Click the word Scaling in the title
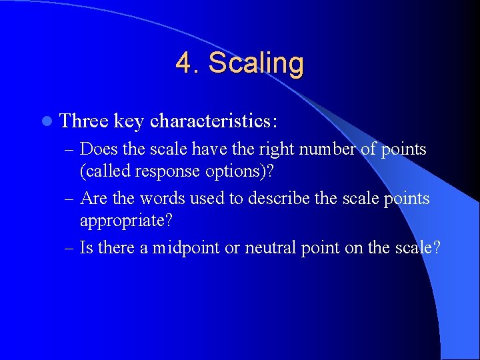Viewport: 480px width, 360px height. (256, 63)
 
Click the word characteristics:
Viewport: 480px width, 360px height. (214, 121)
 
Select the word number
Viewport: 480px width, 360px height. (318, 149)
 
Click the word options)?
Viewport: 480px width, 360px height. (240, 171)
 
